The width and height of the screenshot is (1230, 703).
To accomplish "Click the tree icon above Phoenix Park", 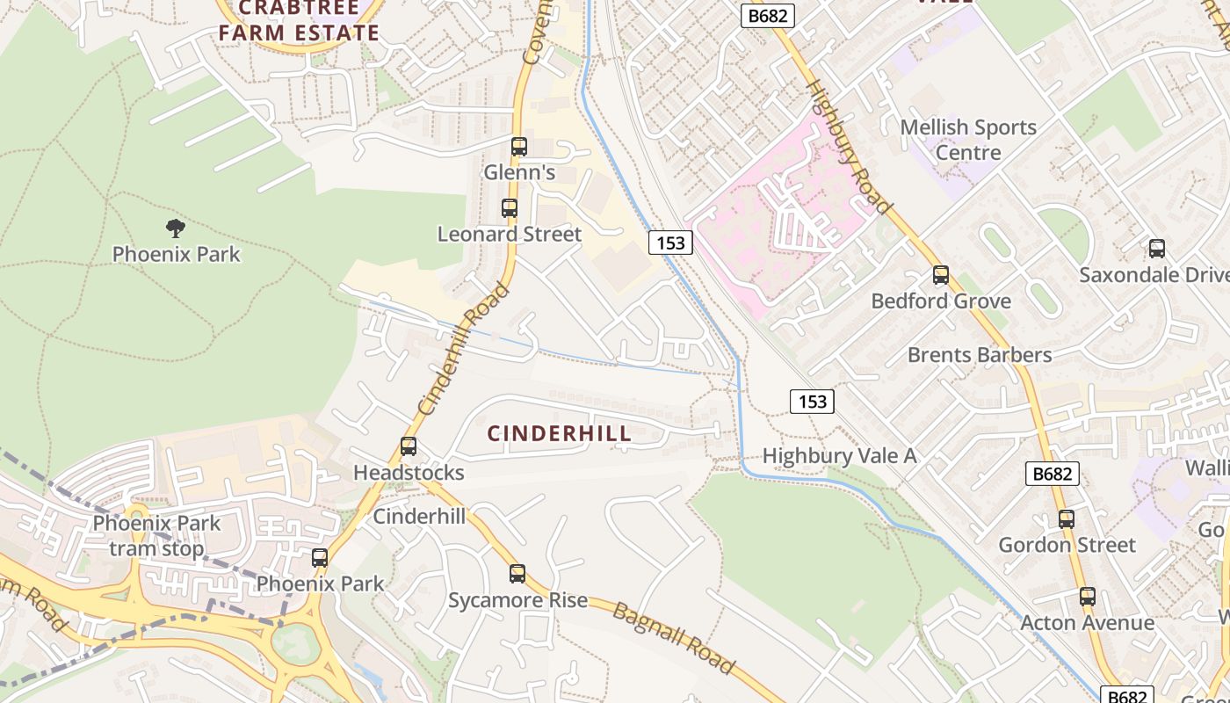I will point(176,228).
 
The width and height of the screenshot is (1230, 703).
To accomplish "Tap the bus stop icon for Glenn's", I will point(519,147).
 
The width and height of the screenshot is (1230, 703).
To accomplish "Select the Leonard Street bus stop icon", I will point(510,208).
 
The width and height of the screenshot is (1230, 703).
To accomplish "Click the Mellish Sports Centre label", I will point(968,140).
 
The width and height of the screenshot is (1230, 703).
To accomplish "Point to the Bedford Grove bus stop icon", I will point(941,275).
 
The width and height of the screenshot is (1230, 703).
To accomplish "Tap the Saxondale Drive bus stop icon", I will point(1157,249).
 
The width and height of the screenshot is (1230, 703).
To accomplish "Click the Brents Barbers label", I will point(980,355).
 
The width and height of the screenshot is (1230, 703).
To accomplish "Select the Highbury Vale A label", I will point(839,456).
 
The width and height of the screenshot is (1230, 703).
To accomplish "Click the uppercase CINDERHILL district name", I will point(560,433).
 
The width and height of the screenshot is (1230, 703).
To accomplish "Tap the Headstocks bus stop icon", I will point(409,446).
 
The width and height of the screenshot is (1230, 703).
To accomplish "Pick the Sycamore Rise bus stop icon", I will point(517,574).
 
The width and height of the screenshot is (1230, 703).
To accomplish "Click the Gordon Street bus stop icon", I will point(1067,519).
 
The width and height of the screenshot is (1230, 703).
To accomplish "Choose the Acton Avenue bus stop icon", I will point(1088,597).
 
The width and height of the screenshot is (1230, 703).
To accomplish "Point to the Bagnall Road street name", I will point(673,639).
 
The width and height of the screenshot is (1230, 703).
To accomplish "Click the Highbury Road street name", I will point(848,148).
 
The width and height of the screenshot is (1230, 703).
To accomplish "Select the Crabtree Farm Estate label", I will point(299,21).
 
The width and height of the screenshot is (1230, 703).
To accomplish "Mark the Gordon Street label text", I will point(1067,545).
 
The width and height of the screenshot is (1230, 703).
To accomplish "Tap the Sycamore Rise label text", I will point(517,601).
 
